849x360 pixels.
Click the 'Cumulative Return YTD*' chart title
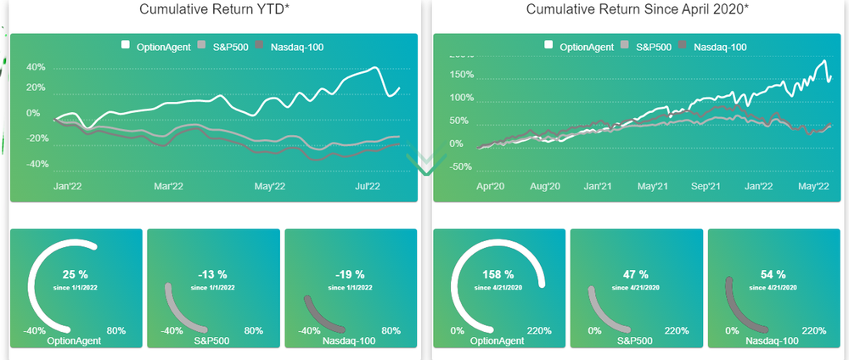click(213, 9)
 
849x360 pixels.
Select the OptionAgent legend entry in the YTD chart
click(160, 46)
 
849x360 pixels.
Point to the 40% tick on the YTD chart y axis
click(36, 67)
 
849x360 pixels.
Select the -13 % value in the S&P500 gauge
click(212, 275)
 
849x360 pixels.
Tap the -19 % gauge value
click(350, 275)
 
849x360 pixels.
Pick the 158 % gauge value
click(498, 275)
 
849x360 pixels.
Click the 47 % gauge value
click(636, 275)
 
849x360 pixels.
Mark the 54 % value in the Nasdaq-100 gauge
click(773, 275)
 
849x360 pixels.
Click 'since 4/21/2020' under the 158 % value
click(498, 288)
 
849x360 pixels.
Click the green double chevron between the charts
click(424, 164)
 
